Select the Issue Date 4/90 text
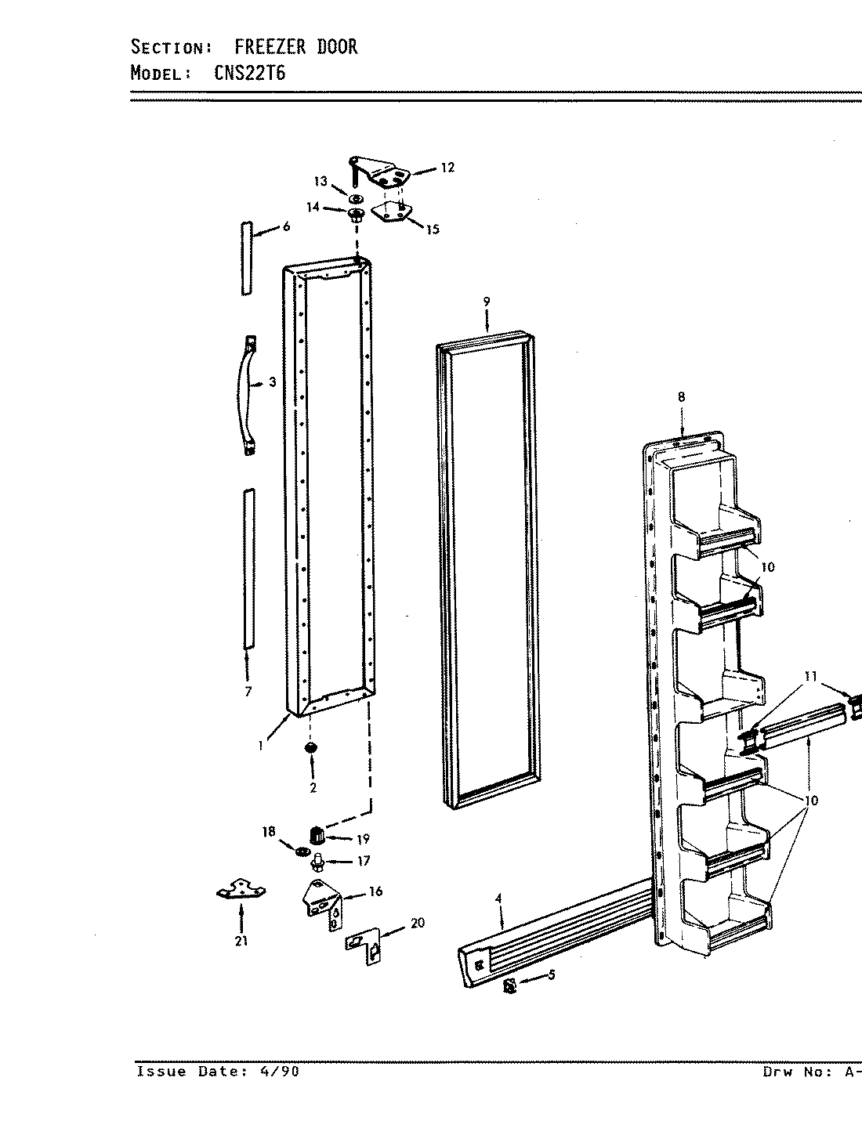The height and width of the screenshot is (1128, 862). pos(217,1072)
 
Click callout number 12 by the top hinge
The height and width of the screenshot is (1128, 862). pos(447,168)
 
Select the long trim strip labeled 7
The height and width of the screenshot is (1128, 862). pos(248,569)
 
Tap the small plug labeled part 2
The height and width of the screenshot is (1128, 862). pos(312,750)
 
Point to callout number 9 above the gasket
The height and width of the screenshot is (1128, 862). pos(487,302)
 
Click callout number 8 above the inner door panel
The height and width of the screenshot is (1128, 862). pos(681,397)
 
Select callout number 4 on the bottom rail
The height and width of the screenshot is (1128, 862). pos(498,900)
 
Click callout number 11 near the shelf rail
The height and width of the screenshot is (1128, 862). pos(810,675)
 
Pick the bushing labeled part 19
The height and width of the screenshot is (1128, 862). pos(317,835)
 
